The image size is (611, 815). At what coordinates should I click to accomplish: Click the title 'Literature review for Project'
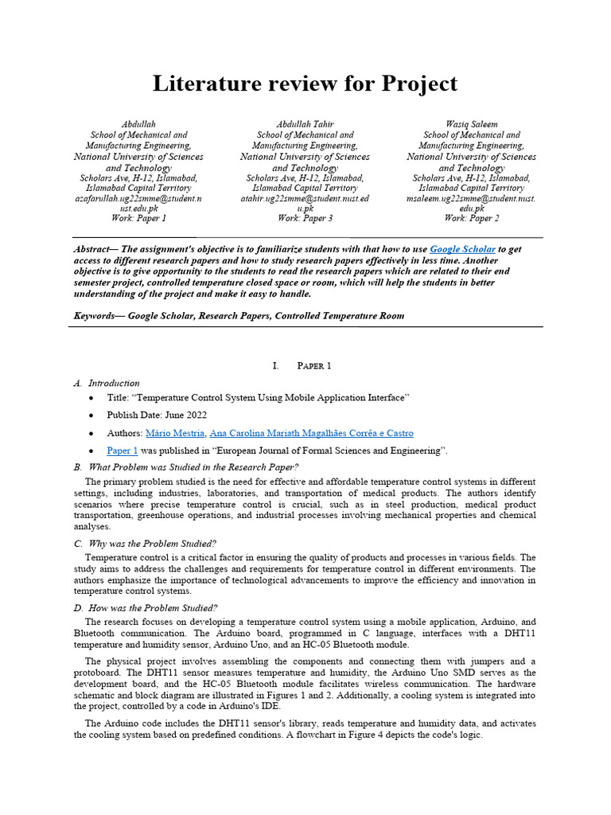tap(305, 84)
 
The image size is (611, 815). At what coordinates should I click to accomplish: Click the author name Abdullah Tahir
tap(305, 125)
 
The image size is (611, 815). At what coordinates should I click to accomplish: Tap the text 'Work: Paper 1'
tap(138, 218)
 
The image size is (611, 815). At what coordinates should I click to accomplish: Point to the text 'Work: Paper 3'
tap(305, 218)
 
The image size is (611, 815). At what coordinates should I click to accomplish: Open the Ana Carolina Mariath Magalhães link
tap(311, 433)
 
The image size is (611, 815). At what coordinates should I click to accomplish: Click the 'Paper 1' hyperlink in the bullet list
tap(123, 450)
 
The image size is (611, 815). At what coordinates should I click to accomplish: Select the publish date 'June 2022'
tap(188, 415)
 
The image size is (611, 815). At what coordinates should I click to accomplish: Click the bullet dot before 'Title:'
tap(92, 397)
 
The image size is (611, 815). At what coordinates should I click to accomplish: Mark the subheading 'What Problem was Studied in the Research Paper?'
tap(193, 467)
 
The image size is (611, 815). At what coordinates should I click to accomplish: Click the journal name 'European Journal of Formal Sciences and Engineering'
tap(330, 450)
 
